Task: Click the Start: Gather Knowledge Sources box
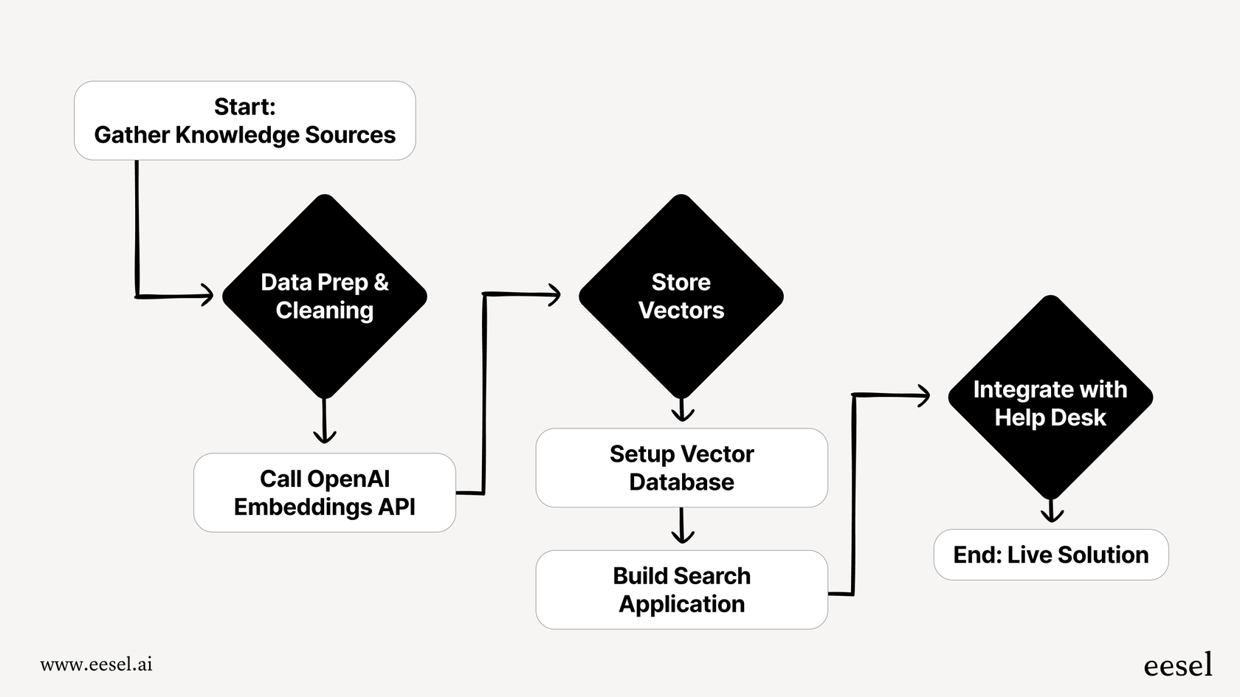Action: [244, 120]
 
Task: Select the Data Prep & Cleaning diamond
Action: [325, 296]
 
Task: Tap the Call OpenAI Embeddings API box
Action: [325, 493]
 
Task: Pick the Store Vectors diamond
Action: [681, 296]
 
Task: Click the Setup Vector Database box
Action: [681, 468]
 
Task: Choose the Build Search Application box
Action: [681, 589]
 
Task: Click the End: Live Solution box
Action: [1050, 555]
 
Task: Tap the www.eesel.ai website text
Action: [96, 664]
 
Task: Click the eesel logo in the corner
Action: [1178, 665]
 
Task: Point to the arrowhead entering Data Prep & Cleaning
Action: [207, 296]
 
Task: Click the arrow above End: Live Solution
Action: [1051, 511]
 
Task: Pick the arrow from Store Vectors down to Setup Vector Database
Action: [682, 410]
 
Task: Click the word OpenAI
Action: [325, 479]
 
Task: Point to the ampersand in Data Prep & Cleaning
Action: [381, 282]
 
